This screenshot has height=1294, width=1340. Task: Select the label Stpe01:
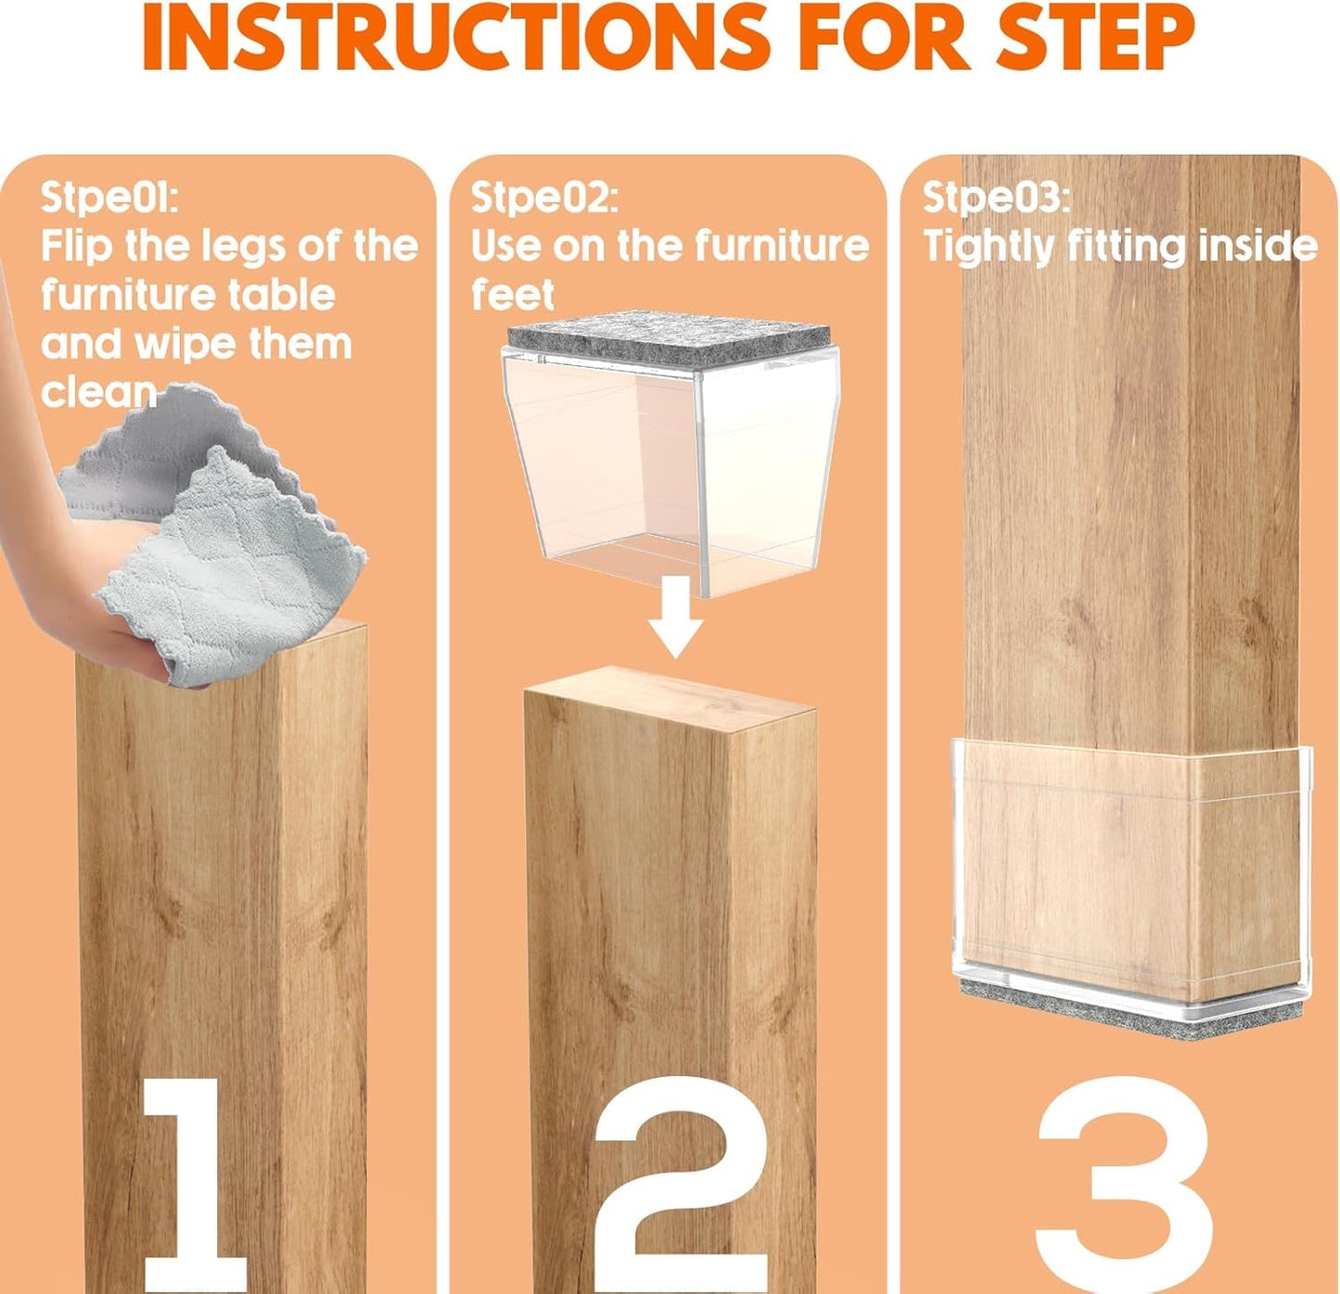coord(108,197)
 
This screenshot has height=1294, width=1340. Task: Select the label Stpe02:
coord(543,197)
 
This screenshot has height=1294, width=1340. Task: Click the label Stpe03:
coord(995,197)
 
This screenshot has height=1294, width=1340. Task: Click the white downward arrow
coord(676,615)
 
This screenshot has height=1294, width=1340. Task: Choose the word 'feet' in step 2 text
coord(512,295)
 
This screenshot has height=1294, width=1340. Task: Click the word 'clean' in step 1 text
coord(97,392)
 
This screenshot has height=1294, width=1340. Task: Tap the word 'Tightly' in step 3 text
coord(989,247)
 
